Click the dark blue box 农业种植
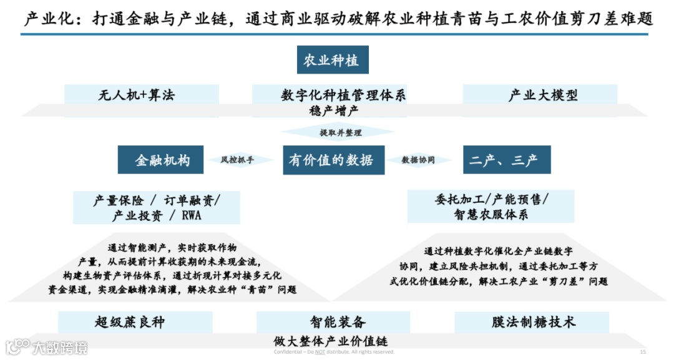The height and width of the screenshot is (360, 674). pos(332,61)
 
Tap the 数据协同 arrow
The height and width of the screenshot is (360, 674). pos(418,160)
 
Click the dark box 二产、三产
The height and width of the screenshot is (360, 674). pos(506,160)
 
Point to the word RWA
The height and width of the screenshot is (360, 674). pos(192,216)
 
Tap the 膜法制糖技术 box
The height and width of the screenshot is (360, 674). pos(533,322)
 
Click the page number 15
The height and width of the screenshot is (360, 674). pos(643,352)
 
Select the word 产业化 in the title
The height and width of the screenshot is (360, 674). pos(47,19)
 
